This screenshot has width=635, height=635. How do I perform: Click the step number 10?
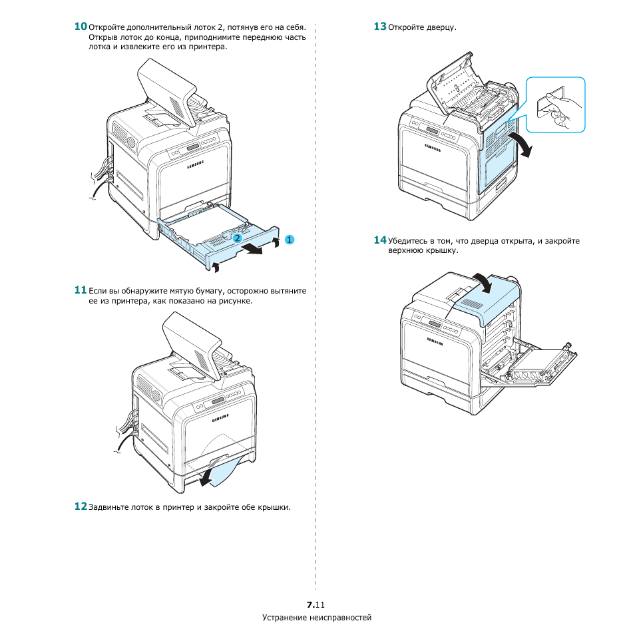(80, 27)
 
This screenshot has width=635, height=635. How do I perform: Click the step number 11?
(80, 290)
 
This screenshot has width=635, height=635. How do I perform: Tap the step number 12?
(80, 507)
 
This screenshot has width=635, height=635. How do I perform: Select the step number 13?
(379, 27)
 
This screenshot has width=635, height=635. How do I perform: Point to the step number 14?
(379, 240)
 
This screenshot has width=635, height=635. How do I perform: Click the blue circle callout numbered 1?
(289, 238)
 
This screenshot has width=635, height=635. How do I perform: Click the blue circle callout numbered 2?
(236, 237)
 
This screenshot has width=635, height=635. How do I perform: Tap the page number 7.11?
(316, 605)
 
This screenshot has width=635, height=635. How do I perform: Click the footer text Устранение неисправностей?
(317, 618)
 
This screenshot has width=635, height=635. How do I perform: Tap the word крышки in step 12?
(275, 508)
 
